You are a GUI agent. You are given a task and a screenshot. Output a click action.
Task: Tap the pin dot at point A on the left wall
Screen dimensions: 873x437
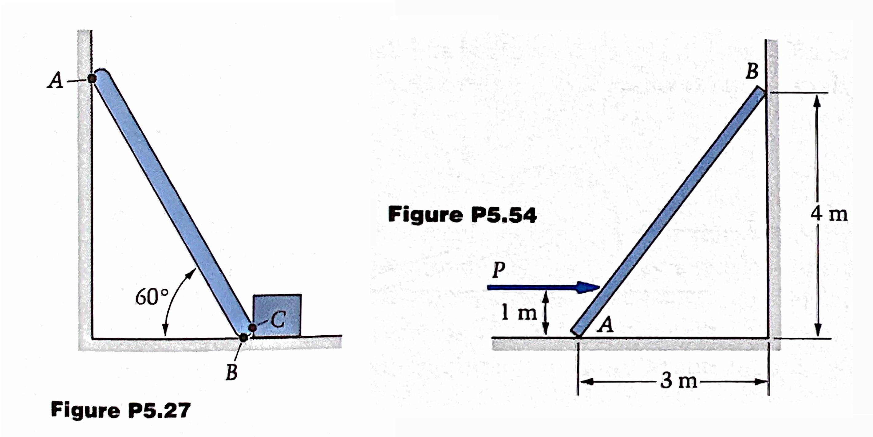point(92,79)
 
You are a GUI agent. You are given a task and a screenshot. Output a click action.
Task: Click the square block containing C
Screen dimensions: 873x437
point(277,315)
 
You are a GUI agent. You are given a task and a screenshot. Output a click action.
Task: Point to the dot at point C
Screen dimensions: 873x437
point(252,327)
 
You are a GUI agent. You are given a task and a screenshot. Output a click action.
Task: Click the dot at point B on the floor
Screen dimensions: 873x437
point(243,337)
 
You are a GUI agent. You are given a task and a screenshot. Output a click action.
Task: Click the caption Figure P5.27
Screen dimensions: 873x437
point(120,410)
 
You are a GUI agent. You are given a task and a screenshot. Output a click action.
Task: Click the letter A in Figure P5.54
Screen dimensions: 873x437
point(606,326)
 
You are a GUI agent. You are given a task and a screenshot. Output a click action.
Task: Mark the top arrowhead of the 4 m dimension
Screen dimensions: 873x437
point(817,100)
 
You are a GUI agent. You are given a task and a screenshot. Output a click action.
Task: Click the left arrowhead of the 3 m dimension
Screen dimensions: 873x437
point(587,382)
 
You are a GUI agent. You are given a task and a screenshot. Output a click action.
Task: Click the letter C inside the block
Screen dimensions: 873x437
point(278,320)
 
